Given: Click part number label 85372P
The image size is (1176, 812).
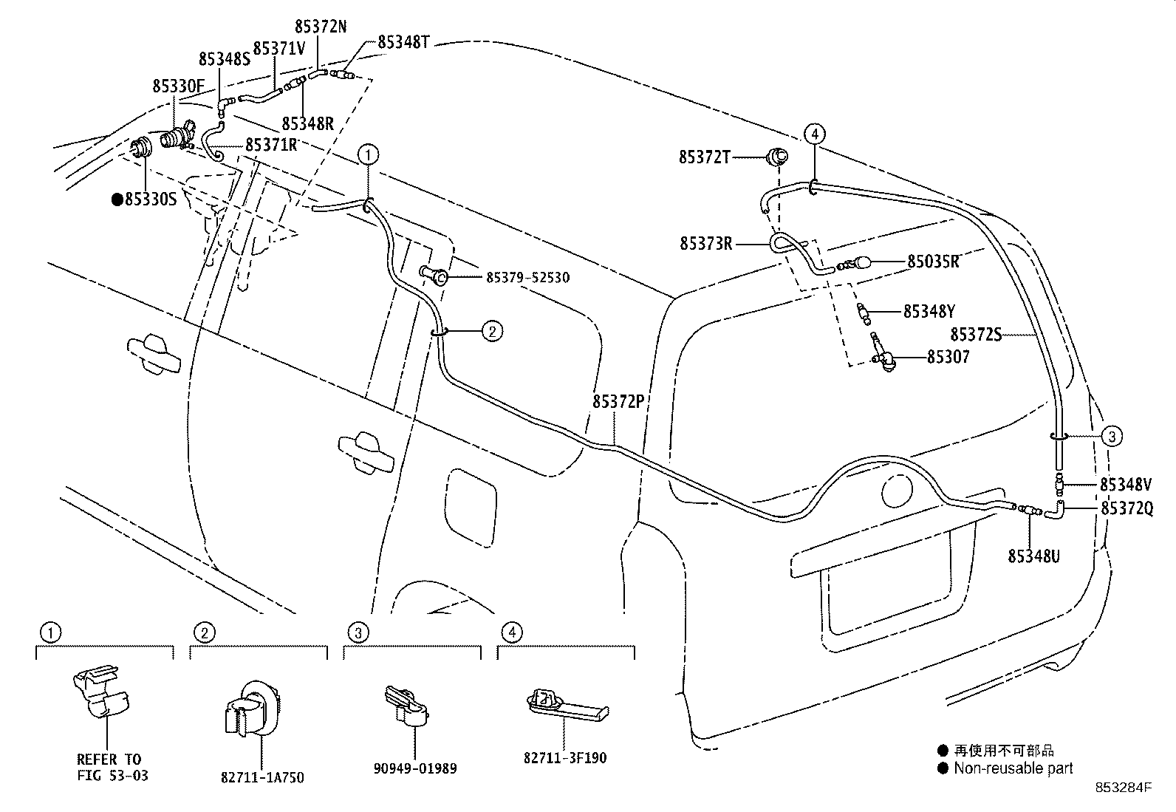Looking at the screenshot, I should point(619,401).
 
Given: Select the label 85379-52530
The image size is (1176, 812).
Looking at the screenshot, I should point(528,277).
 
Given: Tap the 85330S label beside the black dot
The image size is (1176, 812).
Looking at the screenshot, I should point(151,199).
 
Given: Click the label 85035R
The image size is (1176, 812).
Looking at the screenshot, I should point(933,262).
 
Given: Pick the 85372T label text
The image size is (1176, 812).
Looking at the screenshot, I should point(705,157).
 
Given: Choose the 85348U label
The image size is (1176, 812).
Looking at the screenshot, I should point(1033,556).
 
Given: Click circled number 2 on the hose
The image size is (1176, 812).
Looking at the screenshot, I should point(492,331).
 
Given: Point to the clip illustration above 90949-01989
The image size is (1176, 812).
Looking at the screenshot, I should point(406,706).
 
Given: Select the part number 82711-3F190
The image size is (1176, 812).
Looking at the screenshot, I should point(565,758).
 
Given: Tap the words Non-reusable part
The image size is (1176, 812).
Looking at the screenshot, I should point(1013,768).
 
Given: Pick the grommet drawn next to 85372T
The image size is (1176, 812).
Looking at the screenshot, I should point(777,157).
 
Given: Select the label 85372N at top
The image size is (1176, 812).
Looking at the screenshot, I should point(320,27).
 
